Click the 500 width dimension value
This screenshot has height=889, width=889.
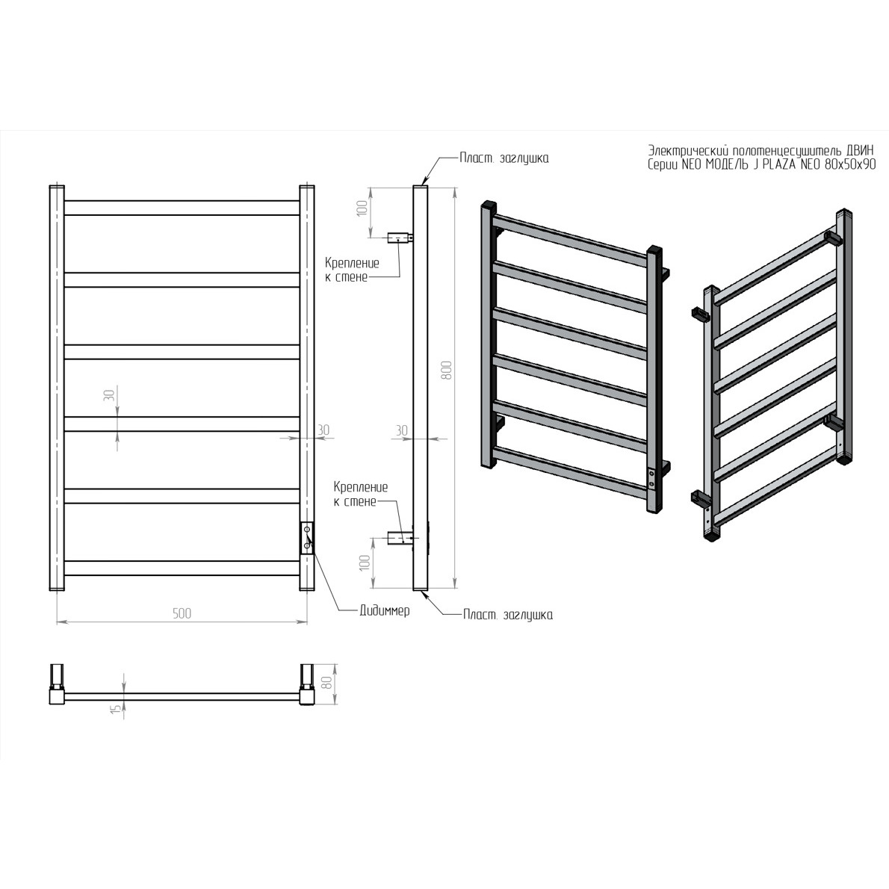[182, 613]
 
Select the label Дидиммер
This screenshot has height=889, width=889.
[385, 610]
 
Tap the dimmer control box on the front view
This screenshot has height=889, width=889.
[307, 537]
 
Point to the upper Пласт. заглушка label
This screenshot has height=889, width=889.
[504, 158]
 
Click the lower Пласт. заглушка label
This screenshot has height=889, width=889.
[507, 615]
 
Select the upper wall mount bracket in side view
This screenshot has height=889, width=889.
[400, 238]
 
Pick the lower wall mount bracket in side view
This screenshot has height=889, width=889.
[400, 537]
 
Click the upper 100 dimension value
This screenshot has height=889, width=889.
[362, 208]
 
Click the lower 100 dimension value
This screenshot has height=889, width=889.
[365, 563]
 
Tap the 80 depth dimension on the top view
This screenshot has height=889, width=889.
[326, 683]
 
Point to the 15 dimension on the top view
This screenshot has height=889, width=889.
[116, 708]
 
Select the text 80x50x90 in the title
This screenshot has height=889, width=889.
[850, 164]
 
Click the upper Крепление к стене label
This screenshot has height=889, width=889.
[352, 270]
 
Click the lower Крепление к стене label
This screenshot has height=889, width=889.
[361, 494]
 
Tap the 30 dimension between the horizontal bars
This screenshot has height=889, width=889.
[109, 395]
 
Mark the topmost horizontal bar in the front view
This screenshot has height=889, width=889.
[182, 208]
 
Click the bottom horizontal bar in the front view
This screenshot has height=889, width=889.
[182, 568]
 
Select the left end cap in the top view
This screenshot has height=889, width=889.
[58, 684]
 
